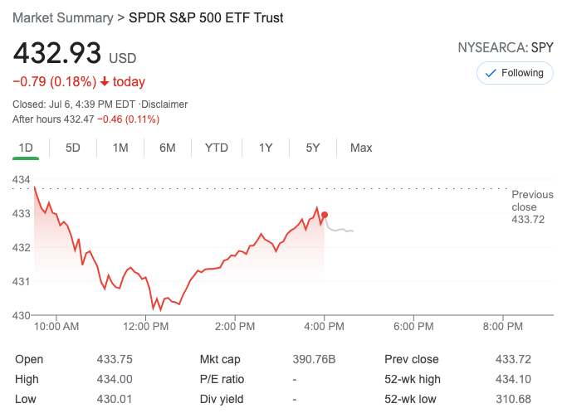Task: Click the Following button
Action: (x=515, y=73)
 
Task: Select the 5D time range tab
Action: (x=73, y=148)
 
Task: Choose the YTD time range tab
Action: (x=217, y=148)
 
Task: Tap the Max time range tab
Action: (x=361, y=148)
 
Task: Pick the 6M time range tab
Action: (x=168, y=148)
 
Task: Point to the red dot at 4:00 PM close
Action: (x=325, y=215)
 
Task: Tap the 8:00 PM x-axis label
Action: (x=502, y=327)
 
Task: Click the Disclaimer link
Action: (x=165, y=104)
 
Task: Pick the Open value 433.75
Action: (x=114, y=359)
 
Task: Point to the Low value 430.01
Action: (x=114, y=399)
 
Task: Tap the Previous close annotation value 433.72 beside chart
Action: (x=528, y=219)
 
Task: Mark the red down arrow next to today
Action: (x=105, y=81)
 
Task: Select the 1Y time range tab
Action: (x=266, y=148)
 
